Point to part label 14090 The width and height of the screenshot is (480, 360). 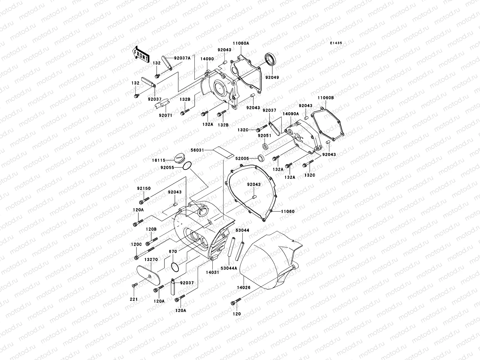pyautogui.click(x=207, y=59)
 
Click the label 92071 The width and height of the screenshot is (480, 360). pyautogui.click(x=166, y=115)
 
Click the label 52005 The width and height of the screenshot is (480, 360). pyautogui.click(x=242, y=158)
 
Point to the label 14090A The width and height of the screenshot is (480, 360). pyautogui.click(x=290, y=114)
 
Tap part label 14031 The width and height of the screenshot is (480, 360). pyautogui.click(x=212, y=272)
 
